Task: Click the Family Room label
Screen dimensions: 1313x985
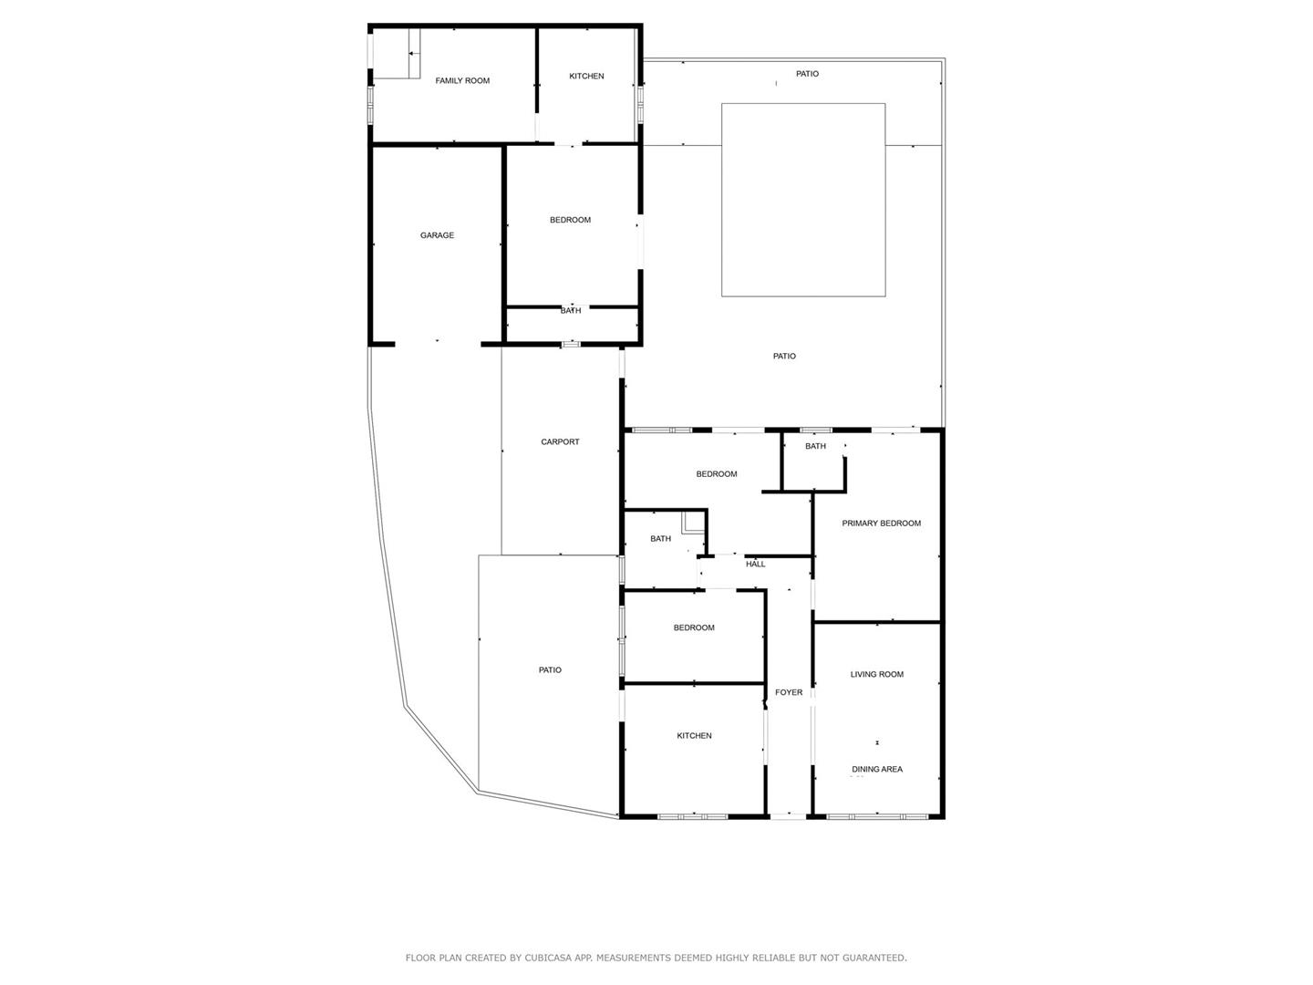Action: [461, 81]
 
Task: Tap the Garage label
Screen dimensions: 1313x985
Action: [437, 235]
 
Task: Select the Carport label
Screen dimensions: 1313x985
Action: [560, 442]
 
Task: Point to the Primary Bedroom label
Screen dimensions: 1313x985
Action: [881, 524]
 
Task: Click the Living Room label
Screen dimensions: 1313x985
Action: [876, 674]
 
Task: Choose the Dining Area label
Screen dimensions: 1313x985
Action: [877, 769]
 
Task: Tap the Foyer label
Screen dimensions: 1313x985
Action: [789, 692]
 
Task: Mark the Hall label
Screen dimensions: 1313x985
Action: [756, 564]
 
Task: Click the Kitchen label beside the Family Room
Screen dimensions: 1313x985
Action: [586, 76]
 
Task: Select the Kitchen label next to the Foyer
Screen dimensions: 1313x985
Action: [694, 736]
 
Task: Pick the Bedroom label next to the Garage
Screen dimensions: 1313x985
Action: [570, 220]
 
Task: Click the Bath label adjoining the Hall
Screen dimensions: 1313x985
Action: [660, 539]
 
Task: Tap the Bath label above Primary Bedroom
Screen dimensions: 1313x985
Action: [815, 446]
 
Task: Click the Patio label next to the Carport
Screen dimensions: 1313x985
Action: [550, 669]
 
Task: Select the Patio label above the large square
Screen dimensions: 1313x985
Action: [807, 74]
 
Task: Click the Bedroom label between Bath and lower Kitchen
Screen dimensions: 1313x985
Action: [694, 627]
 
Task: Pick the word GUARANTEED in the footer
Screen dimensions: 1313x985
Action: [874, 958]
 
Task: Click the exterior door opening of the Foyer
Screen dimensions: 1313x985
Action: [789, 815]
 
